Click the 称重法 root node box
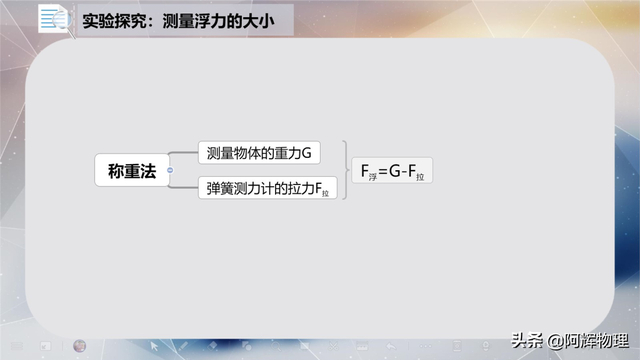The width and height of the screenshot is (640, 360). pyautogui.click(x=132, y=171)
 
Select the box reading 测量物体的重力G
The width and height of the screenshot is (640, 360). pyautogui.click(x=259, y=153)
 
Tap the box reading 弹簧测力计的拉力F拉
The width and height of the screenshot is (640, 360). pyautogui.click(x=270, y=188)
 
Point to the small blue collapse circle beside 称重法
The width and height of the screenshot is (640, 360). pyautogui.click(x=170, y=171)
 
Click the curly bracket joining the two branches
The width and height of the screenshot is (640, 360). pyautogui.click(x=346, y=171)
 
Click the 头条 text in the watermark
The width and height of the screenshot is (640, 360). pyautogui.click(x=526, y=339)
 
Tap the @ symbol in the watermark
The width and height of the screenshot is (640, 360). pyautogui.click(x=553, y=339)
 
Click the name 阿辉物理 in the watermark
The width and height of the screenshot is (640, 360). pyautogui.click(x=594, y=339)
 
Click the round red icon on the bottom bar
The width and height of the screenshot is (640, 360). pyautogui.click(x=80, y=346)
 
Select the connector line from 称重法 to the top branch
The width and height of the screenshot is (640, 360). pyautogui.click(x=184, y=156)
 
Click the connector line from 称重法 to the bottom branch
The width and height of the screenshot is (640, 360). pyautogui.click(x=184, y=185)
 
